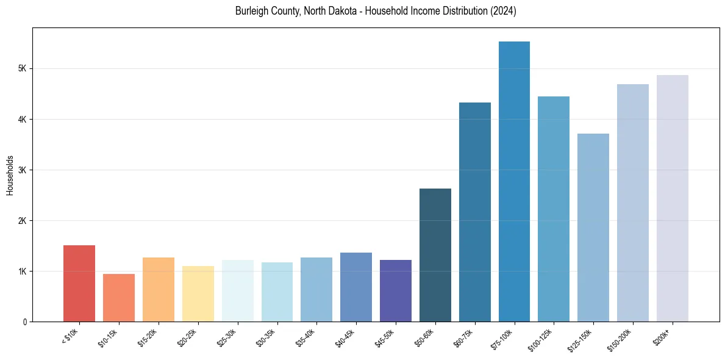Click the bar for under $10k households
79,283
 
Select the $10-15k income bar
119,298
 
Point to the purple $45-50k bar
396,290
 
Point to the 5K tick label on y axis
22,68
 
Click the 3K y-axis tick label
22,170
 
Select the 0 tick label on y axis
24,322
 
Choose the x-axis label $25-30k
227,339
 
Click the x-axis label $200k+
662,337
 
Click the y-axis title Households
10,175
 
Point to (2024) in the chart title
504,11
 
